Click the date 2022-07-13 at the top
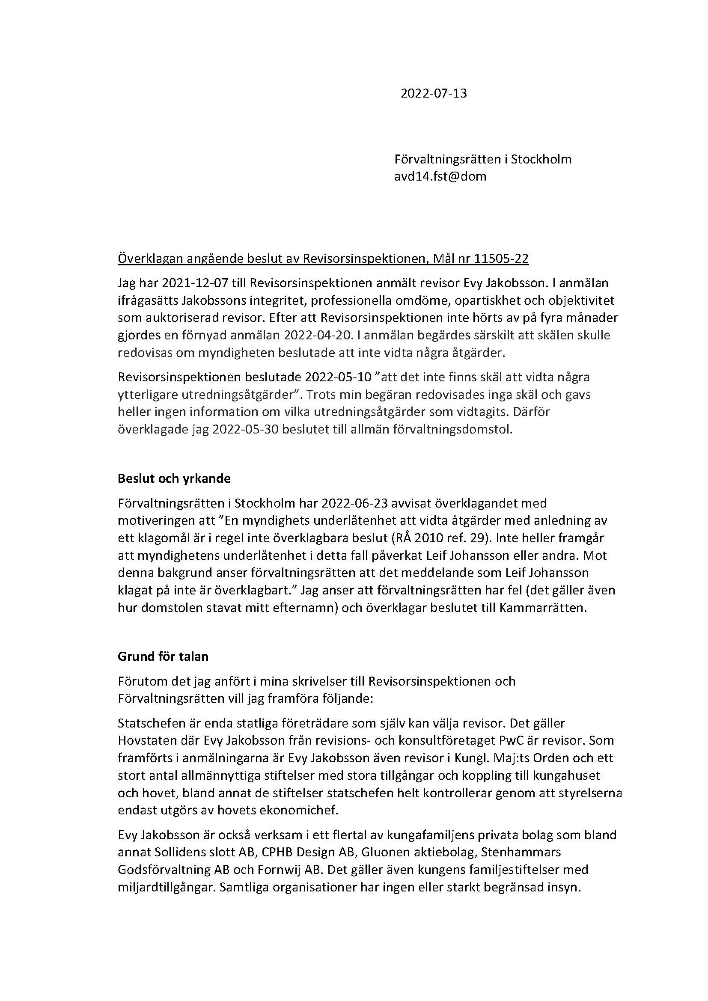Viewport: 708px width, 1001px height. (x=433, y=94)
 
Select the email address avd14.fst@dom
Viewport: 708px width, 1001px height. (x=440, y=177)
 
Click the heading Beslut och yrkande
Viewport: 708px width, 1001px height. (x=174, y=479)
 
